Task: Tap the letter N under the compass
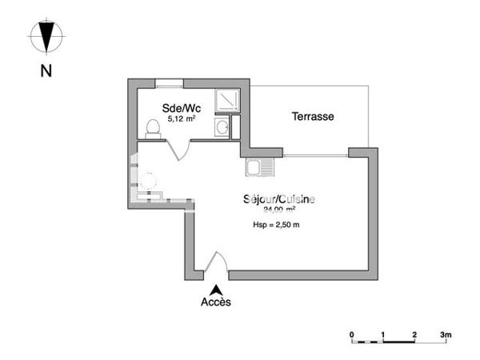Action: pyautogui.click(x=46, y=70)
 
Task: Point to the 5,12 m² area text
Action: pyautogui.click(x=182, y=118)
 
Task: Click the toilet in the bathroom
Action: pyautogui.click(x=152, y=129)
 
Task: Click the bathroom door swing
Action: pyautogui.click(x=179, y=149)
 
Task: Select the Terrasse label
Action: pyautogui.click(x=312, y=117)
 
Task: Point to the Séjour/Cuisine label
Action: pyautogui.click(x=278, y=199)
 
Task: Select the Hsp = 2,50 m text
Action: pyautogui.click(x=275, y=226)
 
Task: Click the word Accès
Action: pyautogui.click(x=215, y=302)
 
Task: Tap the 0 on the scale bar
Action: pyautogui.click(x=352, y=333)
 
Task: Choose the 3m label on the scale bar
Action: pyautogui.click(x=446, y=333)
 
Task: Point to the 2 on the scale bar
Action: pyautogui.click(x=414, y=333)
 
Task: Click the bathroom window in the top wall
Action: pyautogui.click(x=169, y=82)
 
